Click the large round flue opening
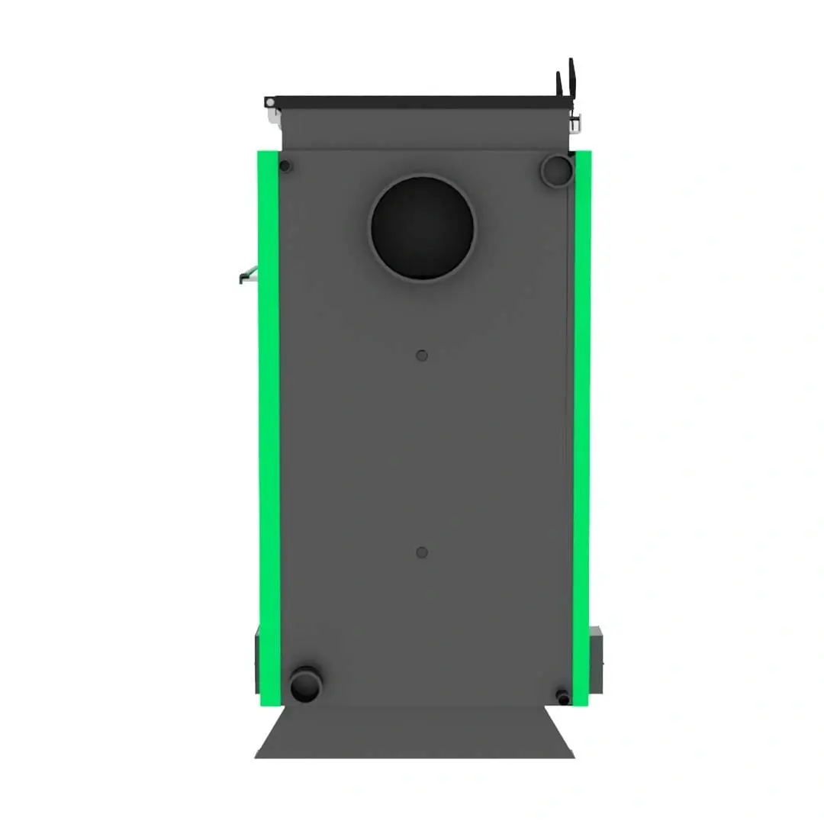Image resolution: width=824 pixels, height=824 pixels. pyautogui.click(x=422, y=228)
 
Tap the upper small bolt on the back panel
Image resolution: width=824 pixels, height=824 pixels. pyautogui.click(x=422, y=356)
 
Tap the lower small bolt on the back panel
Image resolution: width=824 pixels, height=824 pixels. pyautogui.click(x=422, y=552)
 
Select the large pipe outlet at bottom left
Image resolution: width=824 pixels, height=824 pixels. pyautogui.click(x=306, y=684)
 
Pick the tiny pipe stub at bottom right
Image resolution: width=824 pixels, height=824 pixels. pyautogui.click(x=563, y=697)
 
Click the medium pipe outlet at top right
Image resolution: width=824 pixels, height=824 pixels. pyautogui.click(x=556, y=170)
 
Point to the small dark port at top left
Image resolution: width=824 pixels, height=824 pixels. pyautogui.click(x=285, y=166)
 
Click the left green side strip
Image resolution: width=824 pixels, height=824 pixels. pyautogui.click(x=269, y=427)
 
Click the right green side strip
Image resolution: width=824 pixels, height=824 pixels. pyautogui.click(x=582, y=427)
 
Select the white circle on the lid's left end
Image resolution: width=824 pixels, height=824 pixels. pyautogui.click(x=269, y=101)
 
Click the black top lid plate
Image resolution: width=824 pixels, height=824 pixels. pyautogui.click(x=420, y=101)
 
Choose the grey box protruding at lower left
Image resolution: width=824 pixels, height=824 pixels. pyautogui.click(x=257, y=660)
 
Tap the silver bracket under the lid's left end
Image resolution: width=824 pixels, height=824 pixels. pyautogui.click(x=272, y=114)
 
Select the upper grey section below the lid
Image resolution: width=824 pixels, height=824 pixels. pyautogui.click(x=424, y=128)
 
